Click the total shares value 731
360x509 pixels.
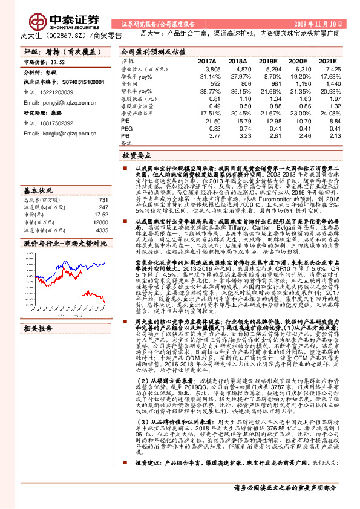103,200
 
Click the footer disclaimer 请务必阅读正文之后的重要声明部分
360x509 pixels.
285,488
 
